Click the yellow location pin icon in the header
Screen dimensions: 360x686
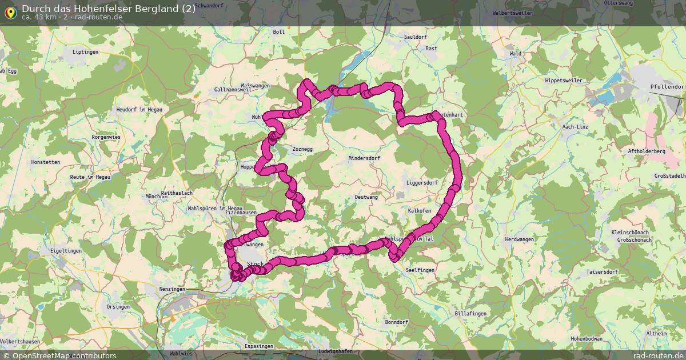click(10, 11)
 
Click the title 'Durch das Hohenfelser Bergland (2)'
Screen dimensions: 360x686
click(109, 8)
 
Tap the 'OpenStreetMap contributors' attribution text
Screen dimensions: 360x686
click(64, 355)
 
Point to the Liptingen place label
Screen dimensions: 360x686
click(86, 52)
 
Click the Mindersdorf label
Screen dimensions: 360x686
click(364, 158)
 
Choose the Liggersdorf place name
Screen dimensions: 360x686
click(421, 183)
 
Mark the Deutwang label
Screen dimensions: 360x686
click(366, 197)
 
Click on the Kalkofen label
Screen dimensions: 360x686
click(419, 211)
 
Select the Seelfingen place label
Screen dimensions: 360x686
click(420, 270)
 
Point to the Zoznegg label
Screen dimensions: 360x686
click(302, 149)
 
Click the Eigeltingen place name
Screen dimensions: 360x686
click(66, 250)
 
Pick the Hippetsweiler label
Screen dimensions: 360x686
click(564, 81)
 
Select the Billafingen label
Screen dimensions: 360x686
click(470, 314)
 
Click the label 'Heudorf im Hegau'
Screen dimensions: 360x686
click(139, 109)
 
